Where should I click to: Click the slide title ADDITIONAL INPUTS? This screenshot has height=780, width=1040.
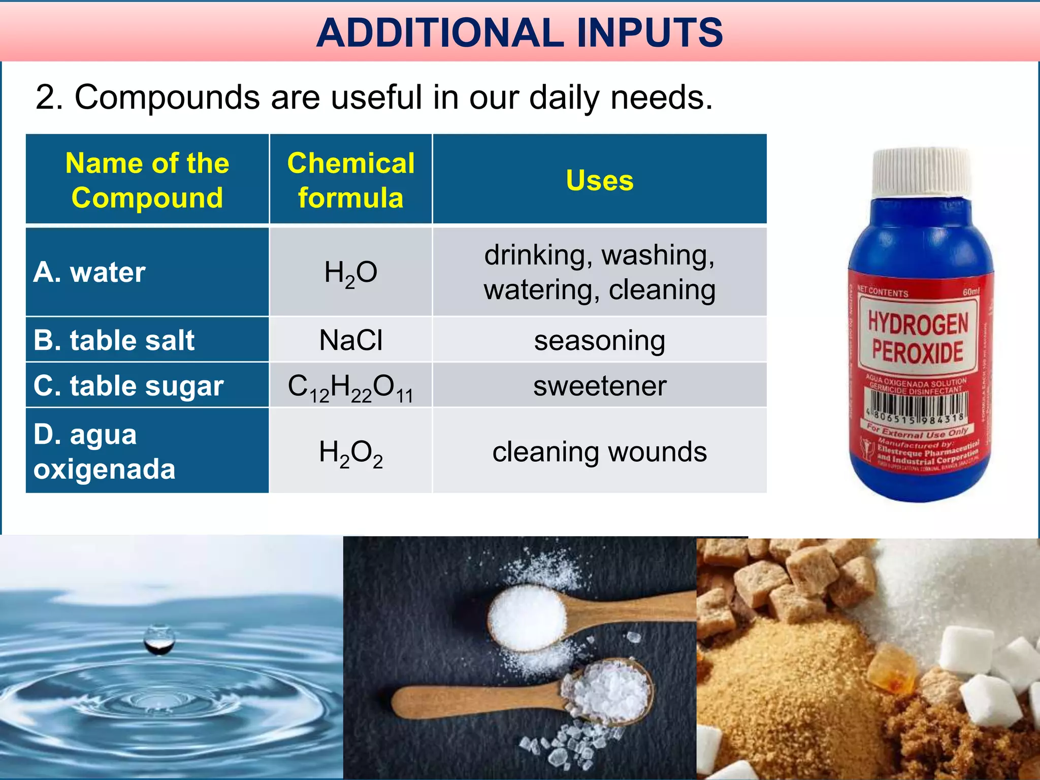click(519, 32)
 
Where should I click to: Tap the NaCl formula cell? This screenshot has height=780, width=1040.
click(350, 340)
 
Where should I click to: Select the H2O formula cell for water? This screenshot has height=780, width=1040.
click(350, 273)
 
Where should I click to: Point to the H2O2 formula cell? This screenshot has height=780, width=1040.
click(350, 452)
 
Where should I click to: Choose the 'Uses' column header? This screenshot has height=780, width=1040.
click(599, 180)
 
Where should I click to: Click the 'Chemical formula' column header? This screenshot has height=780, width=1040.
click(350, 180)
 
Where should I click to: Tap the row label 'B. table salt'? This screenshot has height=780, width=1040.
click(114, 340)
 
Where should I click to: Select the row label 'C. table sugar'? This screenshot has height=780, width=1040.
click(128, 386)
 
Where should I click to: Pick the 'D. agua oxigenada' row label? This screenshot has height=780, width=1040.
click(104, 451)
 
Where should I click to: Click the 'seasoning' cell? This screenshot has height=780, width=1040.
click(599, 340)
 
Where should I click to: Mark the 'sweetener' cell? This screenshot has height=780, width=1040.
click(599, 386)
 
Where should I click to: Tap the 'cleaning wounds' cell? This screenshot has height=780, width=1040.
click(599, 451)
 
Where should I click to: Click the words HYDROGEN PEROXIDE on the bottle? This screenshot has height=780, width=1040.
click(918, 338)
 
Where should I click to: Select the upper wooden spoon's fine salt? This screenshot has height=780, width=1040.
click(527, 617)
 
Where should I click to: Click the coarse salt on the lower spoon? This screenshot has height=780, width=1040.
click(607, 691)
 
